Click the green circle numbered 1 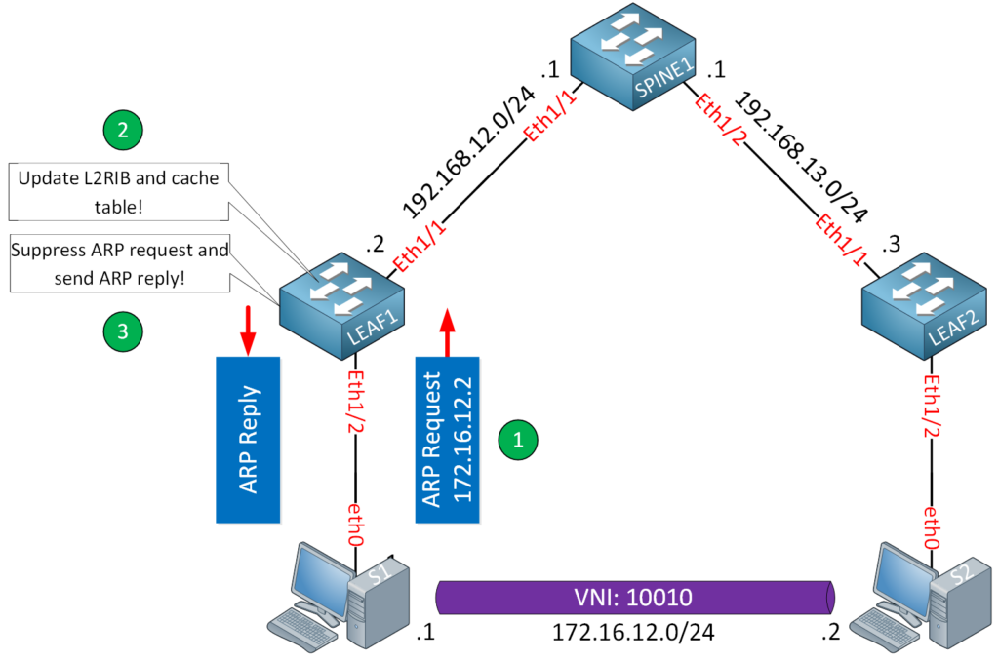518,438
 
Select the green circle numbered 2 123,131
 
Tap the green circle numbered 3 123,331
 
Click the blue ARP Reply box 248,438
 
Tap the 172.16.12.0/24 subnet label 633,633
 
